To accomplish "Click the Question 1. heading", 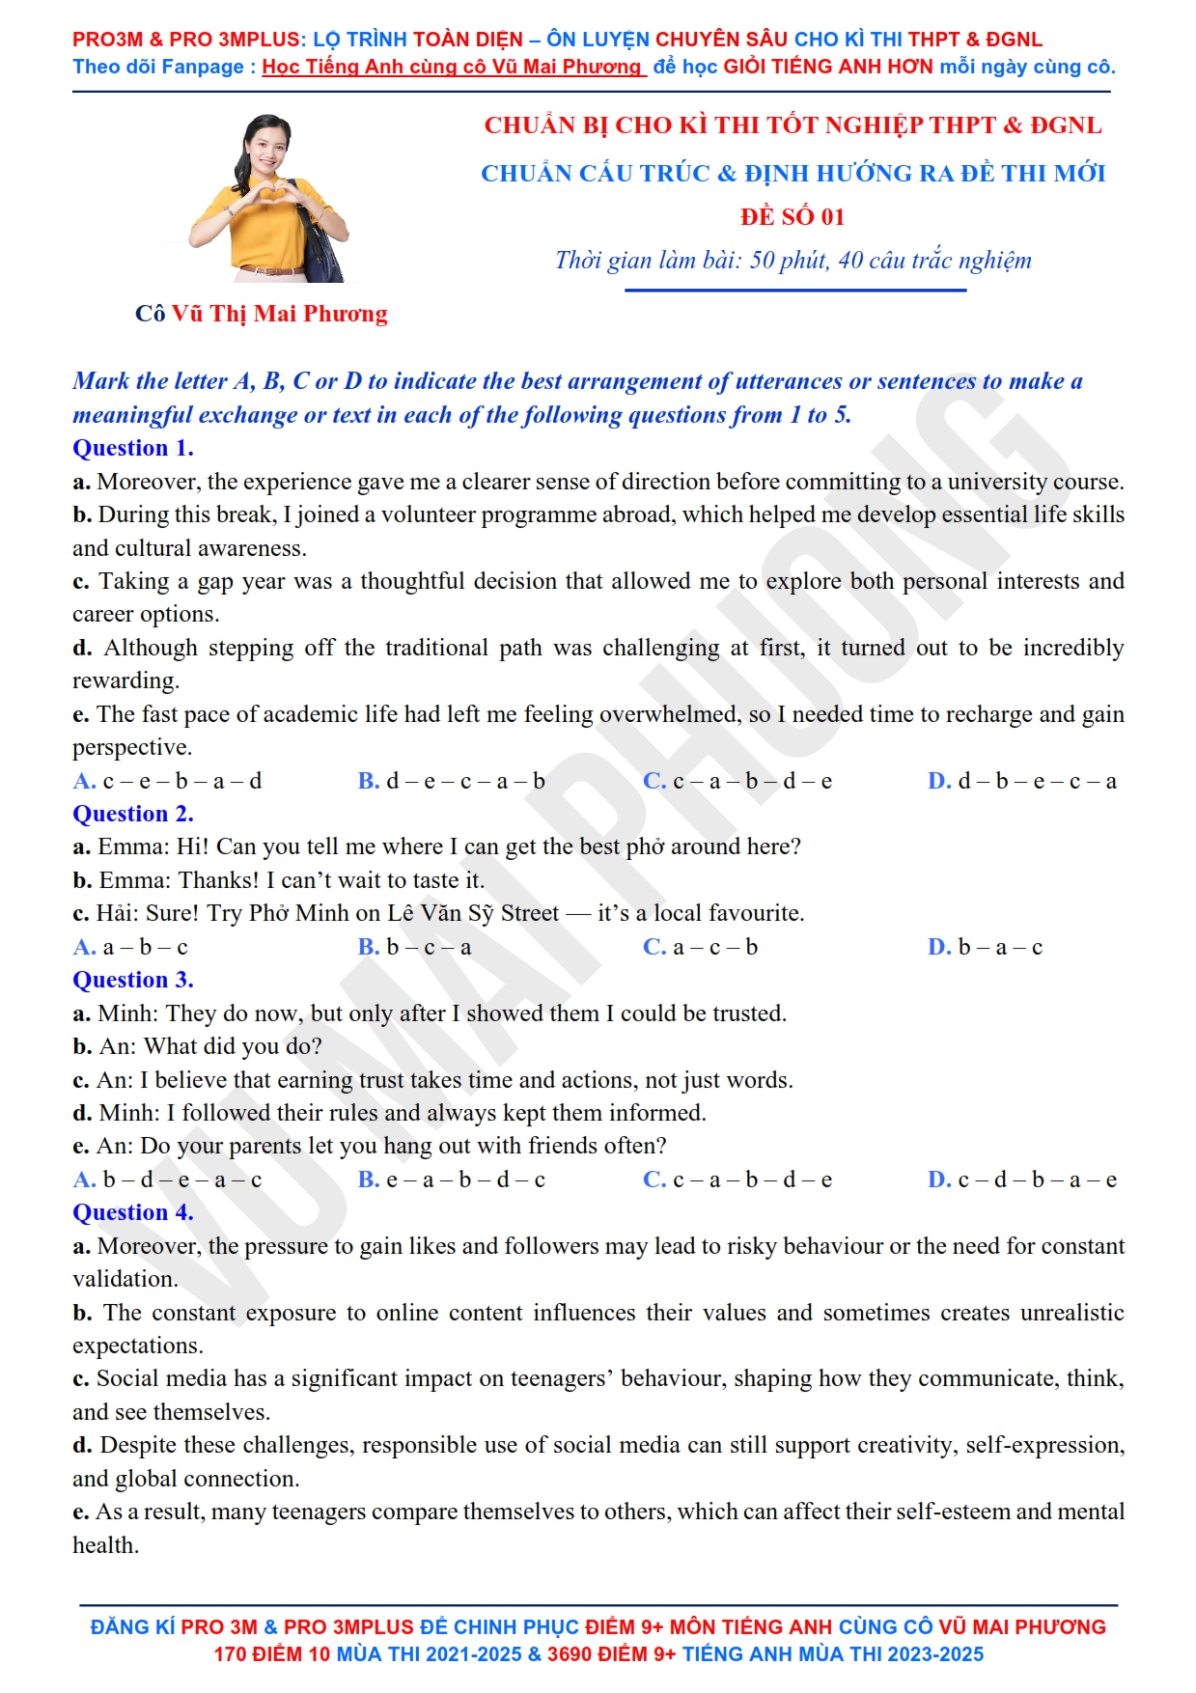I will click(x=133, y=448).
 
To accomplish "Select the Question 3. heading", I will click(x=133, y=980).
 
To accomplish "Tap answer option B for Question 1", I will click(x=451, y=781).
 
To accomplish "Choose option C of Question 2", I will click(x=700, y=947).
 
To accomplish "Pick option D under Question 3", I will click(x=1022, y=1180).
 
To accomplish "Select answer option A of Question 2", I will click(x=130, y=947).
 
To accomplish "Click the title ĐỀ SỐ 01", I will click(x=793, y=216).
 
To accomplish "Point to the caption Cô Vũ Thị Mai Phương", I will click(x=261, y=314).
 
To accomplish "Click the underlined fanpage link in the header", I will click(x=452, y=67).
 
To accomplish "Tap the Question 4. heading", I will click(x=133, y=1212).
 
